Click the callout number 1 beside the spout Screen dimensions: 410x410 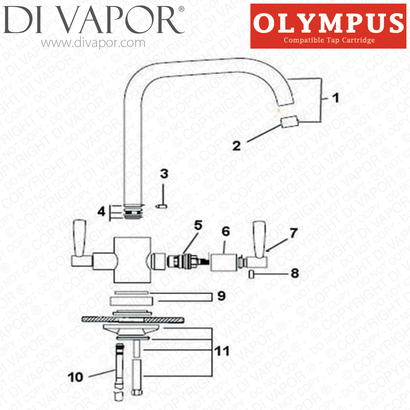[336, 98]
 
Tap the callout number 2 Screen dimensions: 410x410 [237, 146]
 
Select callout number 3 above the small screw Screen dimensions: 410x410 [164, 174]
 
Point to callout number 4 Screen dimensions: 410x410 [101, 211]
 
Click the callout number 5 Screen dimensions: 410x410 [198, 225]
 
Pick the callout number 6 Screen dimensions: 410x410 [226, 232]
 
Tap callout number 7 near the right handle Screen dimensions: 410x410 [294, 233]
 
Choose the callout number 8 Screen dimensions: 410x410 [295, 273]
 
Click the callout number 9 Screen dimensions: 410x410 [221, 296]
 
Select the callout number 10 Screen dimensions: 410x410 [75, 377]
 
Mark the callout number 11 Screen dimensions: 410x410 [222, 351]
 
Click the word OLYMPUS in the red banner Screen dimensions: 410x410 [328, 23]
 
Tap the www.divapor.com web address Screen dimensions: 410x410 [93, 43]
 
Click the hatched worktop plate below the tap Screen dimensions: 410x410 [133, 319]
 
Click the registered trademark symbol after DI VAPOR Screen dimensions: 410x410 [181, 10]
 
